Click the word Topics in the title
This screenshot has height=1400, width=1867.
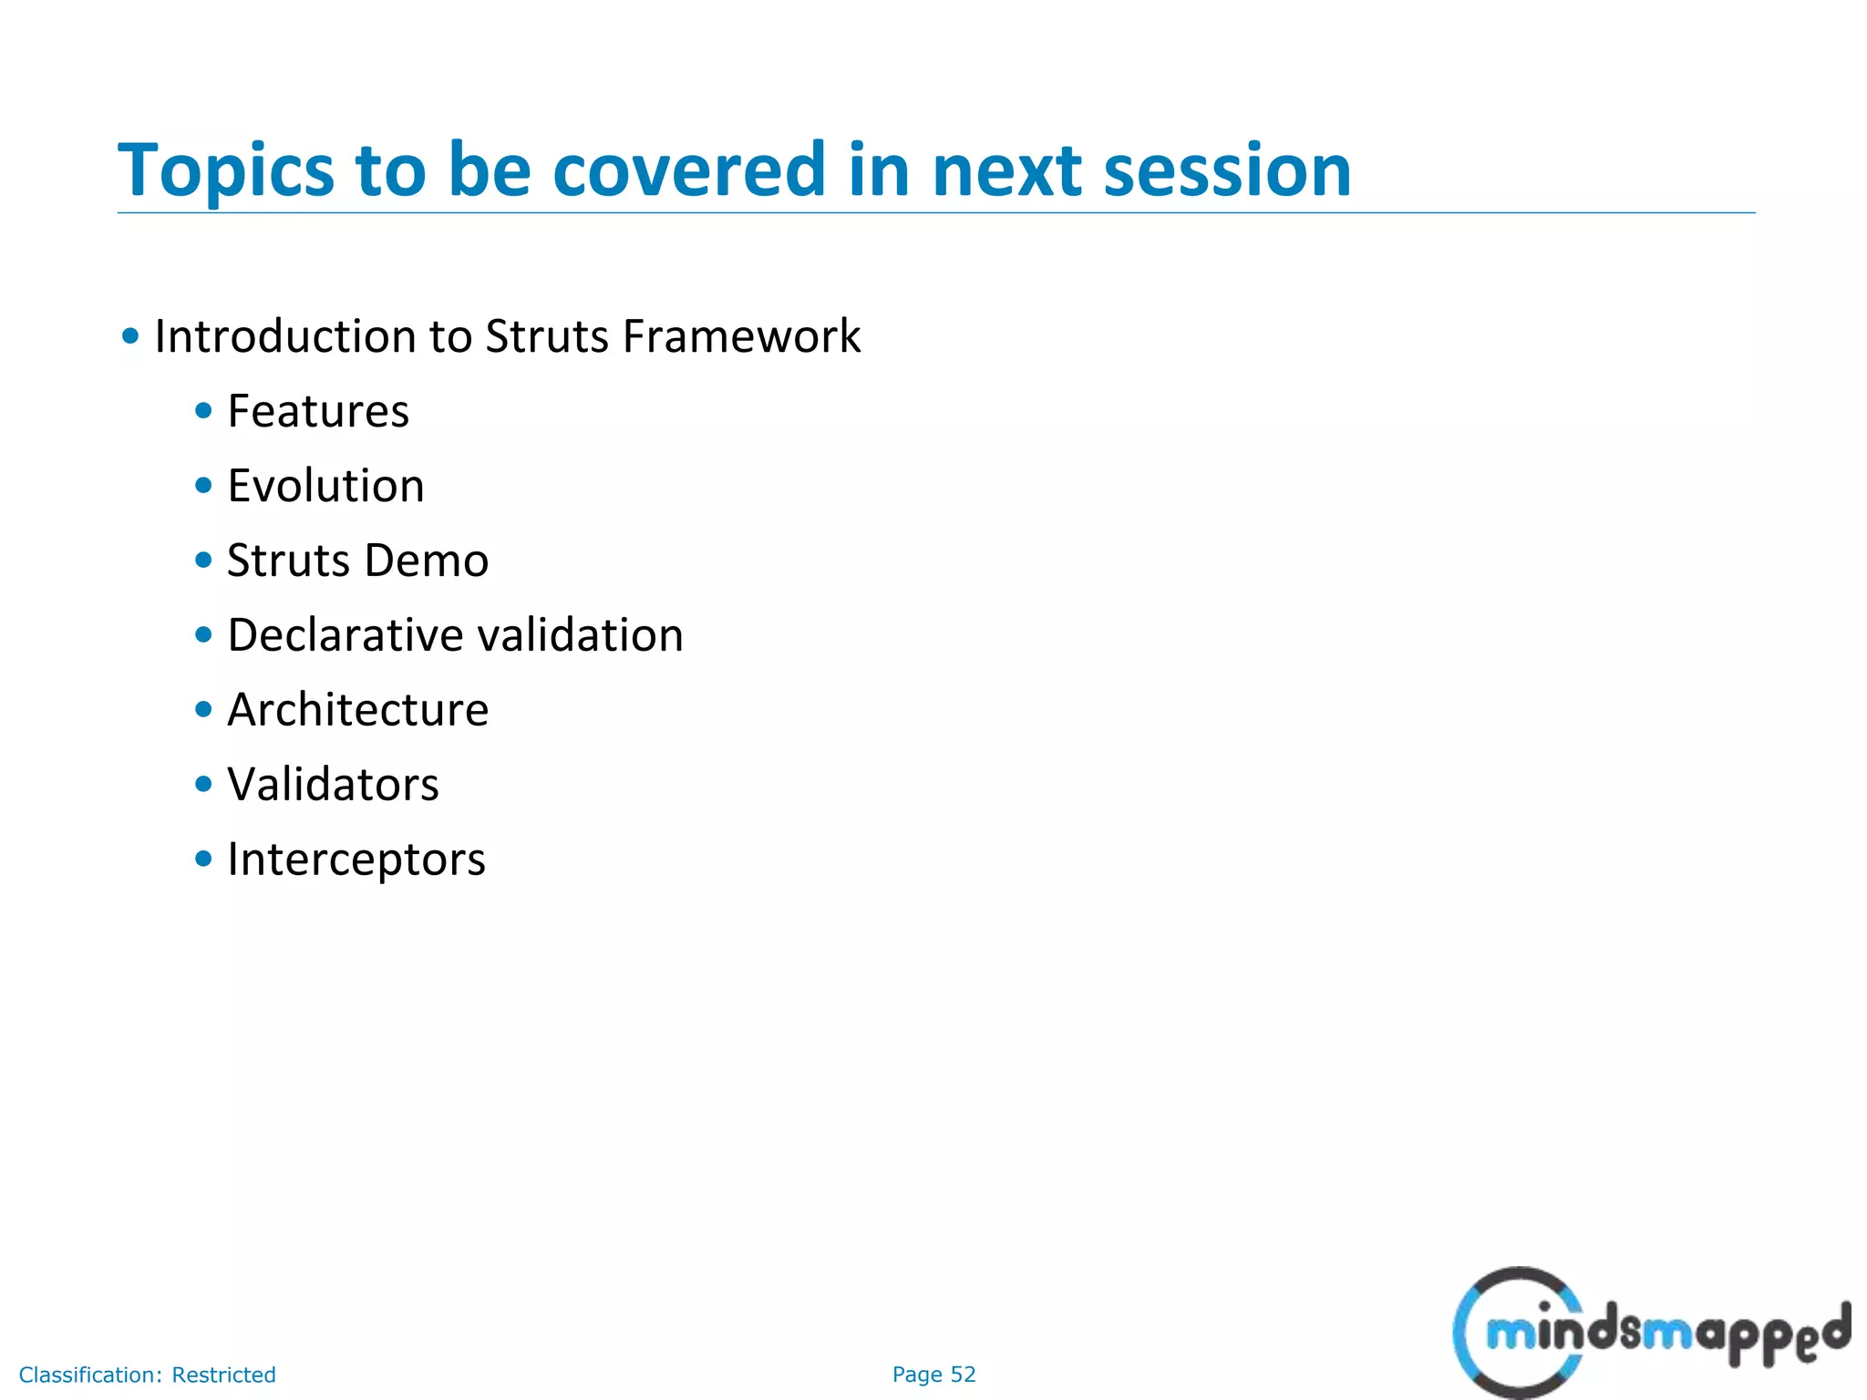click(x=226, y=171)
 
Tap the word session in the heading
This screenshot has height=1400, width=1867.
click(x=1227, y=171)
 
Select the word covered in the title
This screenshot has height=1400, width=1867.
click(x=689, y=171)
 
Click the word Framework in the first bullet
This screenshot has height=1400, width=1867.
click(x=741, y=336)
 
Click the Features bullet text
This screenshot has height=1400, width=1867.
click(x=318, y=411)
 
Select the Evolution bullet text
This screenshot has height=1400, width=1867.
click(x=325, y=486)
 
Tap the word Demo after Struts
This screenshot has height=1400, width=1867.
click(x=426, y=561)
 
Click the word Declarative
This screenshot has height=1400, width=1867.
click(x=345, y=635)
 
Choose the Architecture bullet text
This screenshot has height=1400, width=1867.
click(x=357, y=710)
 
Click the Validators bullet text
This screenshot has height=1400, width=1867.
click(x=333, y=785)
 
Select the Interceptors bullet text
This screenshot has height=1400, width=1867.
click(x=356, y=860)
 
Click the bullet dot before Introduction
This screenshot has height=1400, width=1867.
click(x=130, y=336)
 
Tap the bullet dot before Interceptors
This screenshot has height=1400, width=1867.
click(x=203, y=859)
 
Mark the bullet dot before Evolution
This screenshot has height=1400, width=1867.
click(x=203, y=486)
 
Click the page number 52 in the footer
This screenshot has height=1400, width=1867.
click(x=963, y=1374)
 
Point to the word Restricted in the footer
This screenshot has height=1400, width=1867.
click(x=223, y=1374)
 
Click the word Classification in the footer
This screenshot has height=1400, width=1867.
click(x=90, y=1374)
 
